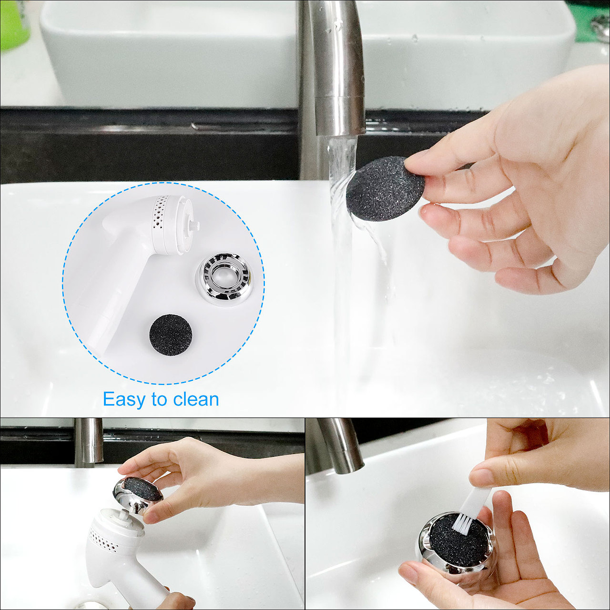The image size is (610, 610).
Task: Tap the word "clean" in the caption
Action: coord(196,399)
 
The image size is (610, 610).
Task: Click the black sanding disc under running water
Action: coord(385,188)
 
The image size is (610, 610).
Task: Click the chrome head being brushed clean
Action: coord(456,545)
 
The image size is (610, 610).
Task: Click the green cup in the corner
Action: coord(15,25)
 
